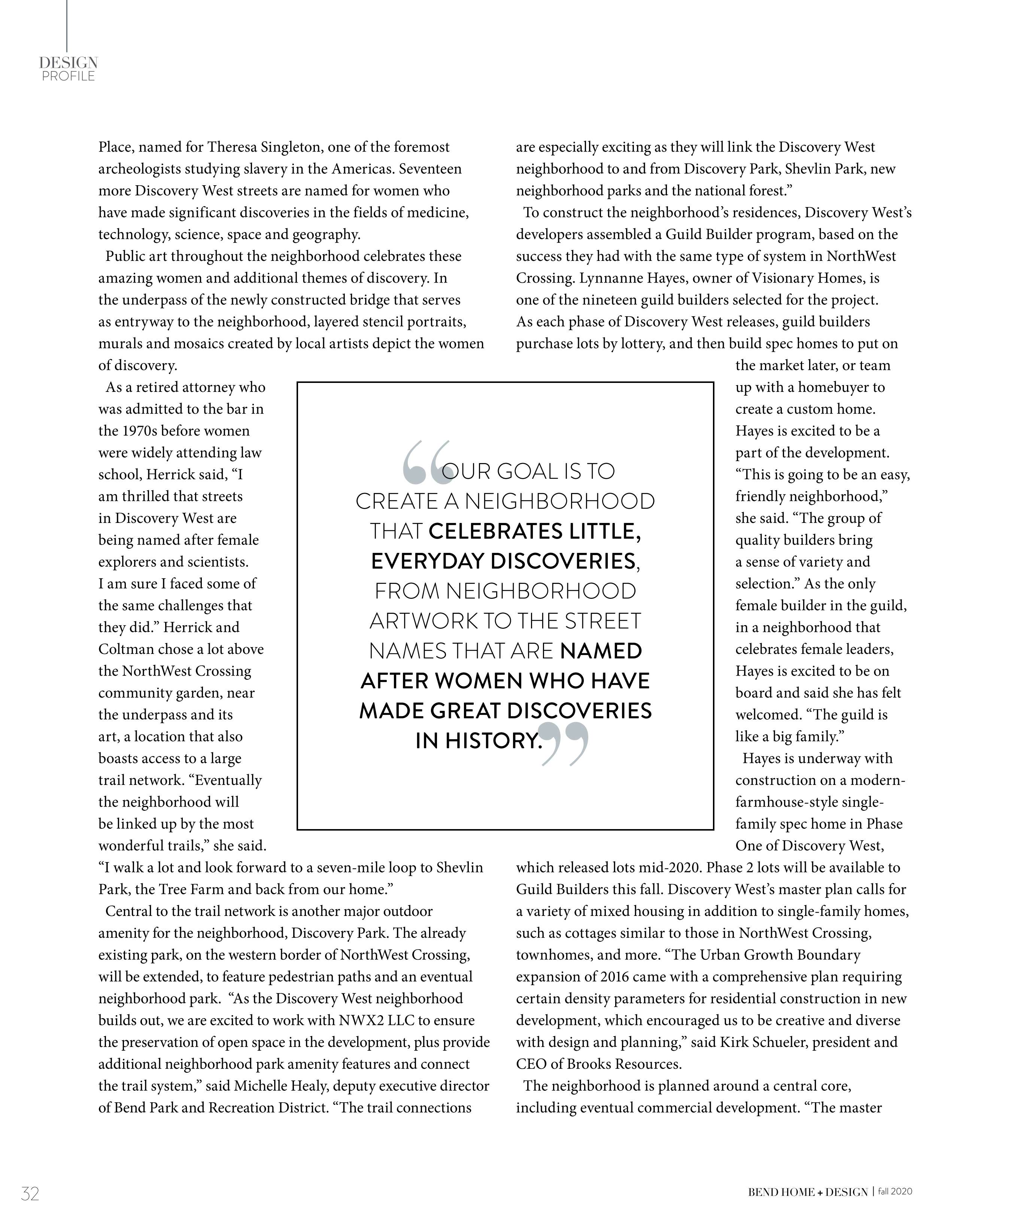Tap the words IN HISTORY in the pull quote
(x=478, y=741)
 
